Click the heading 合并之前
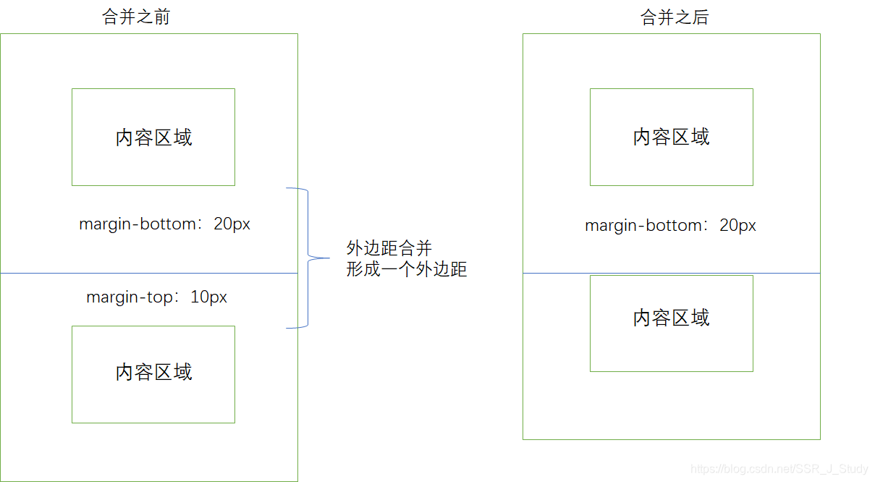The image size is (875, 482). click(x=136, y=17)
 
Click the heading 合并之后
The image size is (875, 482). click(x=675, y=17)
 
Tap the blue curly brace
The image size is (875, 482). click(x=307, y=257)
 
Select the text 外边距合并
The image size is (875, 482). click(x=389, y=249)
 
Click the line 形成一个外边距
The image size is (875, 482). click(x=406, y=270)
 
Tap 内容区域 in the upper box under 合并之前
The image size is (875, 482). click(x=153, y=138)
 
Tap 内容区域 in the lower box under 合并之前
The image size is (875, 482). click(x=153, y=372)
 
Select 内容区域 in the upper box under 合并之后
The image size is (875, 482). click(x=671, y=137)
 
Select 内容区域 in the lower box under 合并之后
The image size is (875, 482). click(x=671, y=318)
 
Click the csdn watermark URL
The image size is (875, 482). click(x=779, y=470)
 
